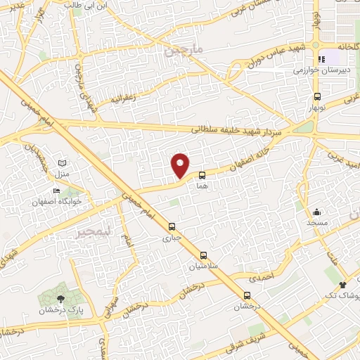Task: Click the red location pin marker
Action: click(x=181, y=165)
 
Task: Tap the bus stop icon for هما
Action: click(x=202, y=174)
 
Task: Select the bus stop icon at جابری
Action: click(x=172, y=226)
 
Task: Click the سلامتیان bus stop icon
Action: click(x=204, y=256)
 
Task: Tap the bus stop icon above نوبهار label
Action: click(x=318, y=96)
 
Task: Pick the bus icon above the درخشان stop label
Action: click(x=247, y=295)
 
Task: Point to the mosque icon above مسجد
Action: click(x=317, y=211)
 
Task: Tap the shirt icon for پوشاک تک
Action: click(x=343, y=285)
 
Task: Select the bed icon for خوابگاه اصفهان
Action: click(x=56, y=191)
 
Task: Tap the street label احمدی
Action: click(x=261, y=277)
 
